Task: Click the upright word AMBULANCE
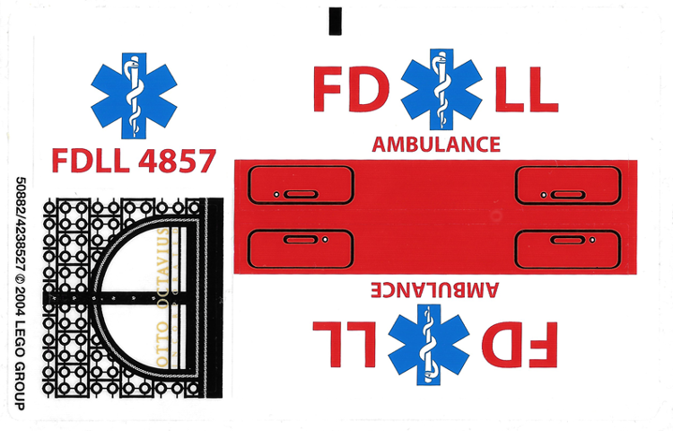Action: pos(436,144)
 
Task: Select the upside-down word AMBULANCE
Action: pos(436,288)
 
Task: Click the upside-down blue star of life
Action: pos(434,343)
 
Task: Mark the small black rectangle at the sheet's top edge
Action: pos(335,21)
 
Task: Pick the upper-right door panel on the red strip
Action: pos(566,186)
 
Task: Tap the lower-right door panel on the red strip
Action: pos(566,246)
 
